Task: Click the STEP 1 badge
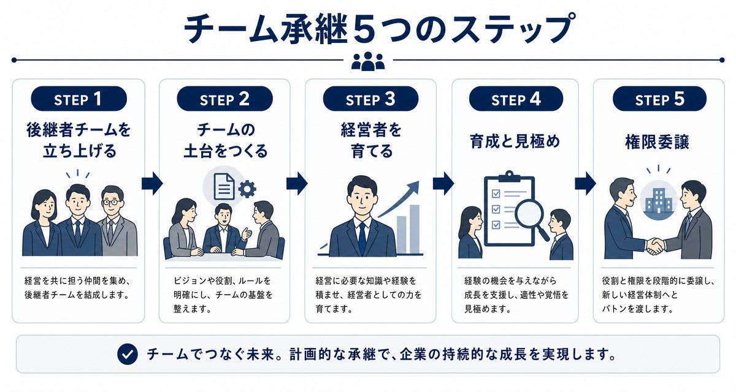[x=79, y=99]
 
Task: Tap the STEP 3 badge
[x=370, y=99]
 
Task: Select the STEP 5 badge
[x=659, y=99]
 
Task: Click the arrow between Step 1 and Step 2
[x=152, y=183]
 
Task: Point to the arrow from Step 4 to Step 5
[x=585, y=183]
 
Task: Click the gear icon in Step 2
[x=247, y=189]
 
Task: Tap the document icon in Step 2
[x=224, y=187]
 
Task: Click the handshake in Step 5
[x=655, y=246]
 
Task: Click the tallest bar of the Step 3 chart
[x=415, y=229]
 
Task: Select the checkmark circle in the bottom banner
[x=128, y=354]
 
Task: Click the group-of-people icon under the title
[x=368, y=61]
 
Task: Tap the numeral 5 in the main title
[x=367, y=29]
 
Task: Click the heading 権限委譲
[x=657, y=142]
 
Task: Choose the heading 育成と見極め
[x=515, y=141]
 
